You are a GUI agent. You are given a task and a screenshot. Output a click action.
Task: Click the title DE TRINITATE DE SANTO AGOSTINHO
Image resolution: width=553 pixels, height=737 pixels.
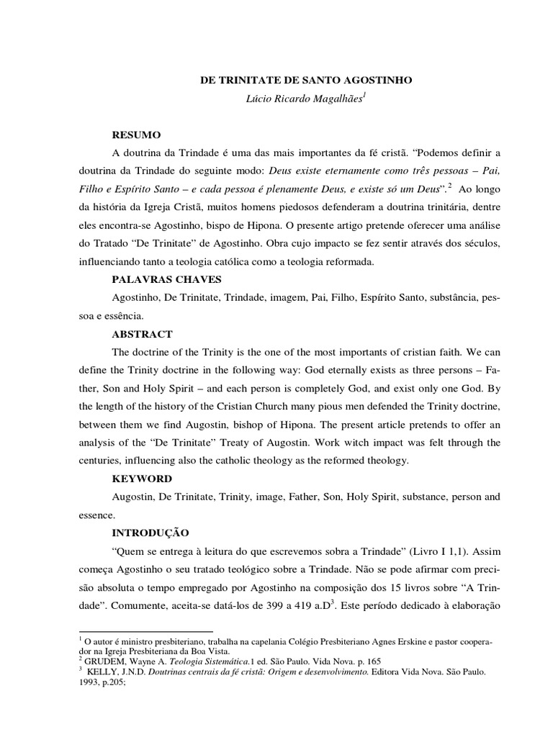306,81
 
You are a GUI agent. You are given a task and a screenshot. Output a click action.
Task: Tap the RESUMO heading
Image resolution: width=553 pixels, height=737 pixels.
137,135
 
